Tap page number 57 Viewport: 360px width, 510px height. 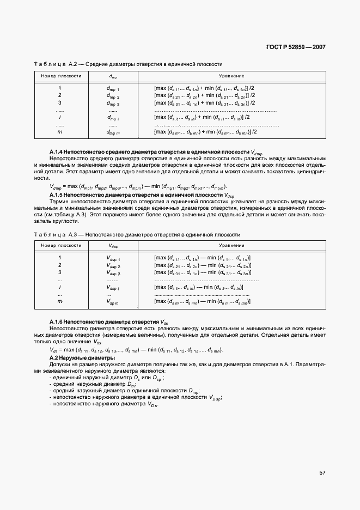(322, 473)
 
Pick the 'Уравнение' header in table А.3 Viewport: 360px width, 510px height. (231, 246)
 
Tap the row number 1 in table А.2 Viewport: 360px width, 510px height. (59, 88)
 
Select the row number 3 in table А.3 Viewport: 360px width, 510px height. (59, 272)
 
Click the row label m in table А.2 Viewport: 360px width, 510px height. (59, 132)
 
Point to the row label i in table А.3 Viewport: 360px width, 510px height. (59, 287)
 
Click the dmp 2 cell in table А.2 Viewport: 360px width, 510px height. (113, 95)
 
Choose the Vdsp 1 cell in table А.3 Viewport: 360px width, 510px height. (113, 258)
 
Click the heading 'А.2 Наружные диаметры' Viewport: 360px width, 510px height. (82, 358)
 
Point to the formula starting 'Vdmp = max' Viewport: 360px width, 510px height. (137, 186)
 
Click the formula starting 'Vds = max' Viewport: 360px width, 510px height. (136, 350)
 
